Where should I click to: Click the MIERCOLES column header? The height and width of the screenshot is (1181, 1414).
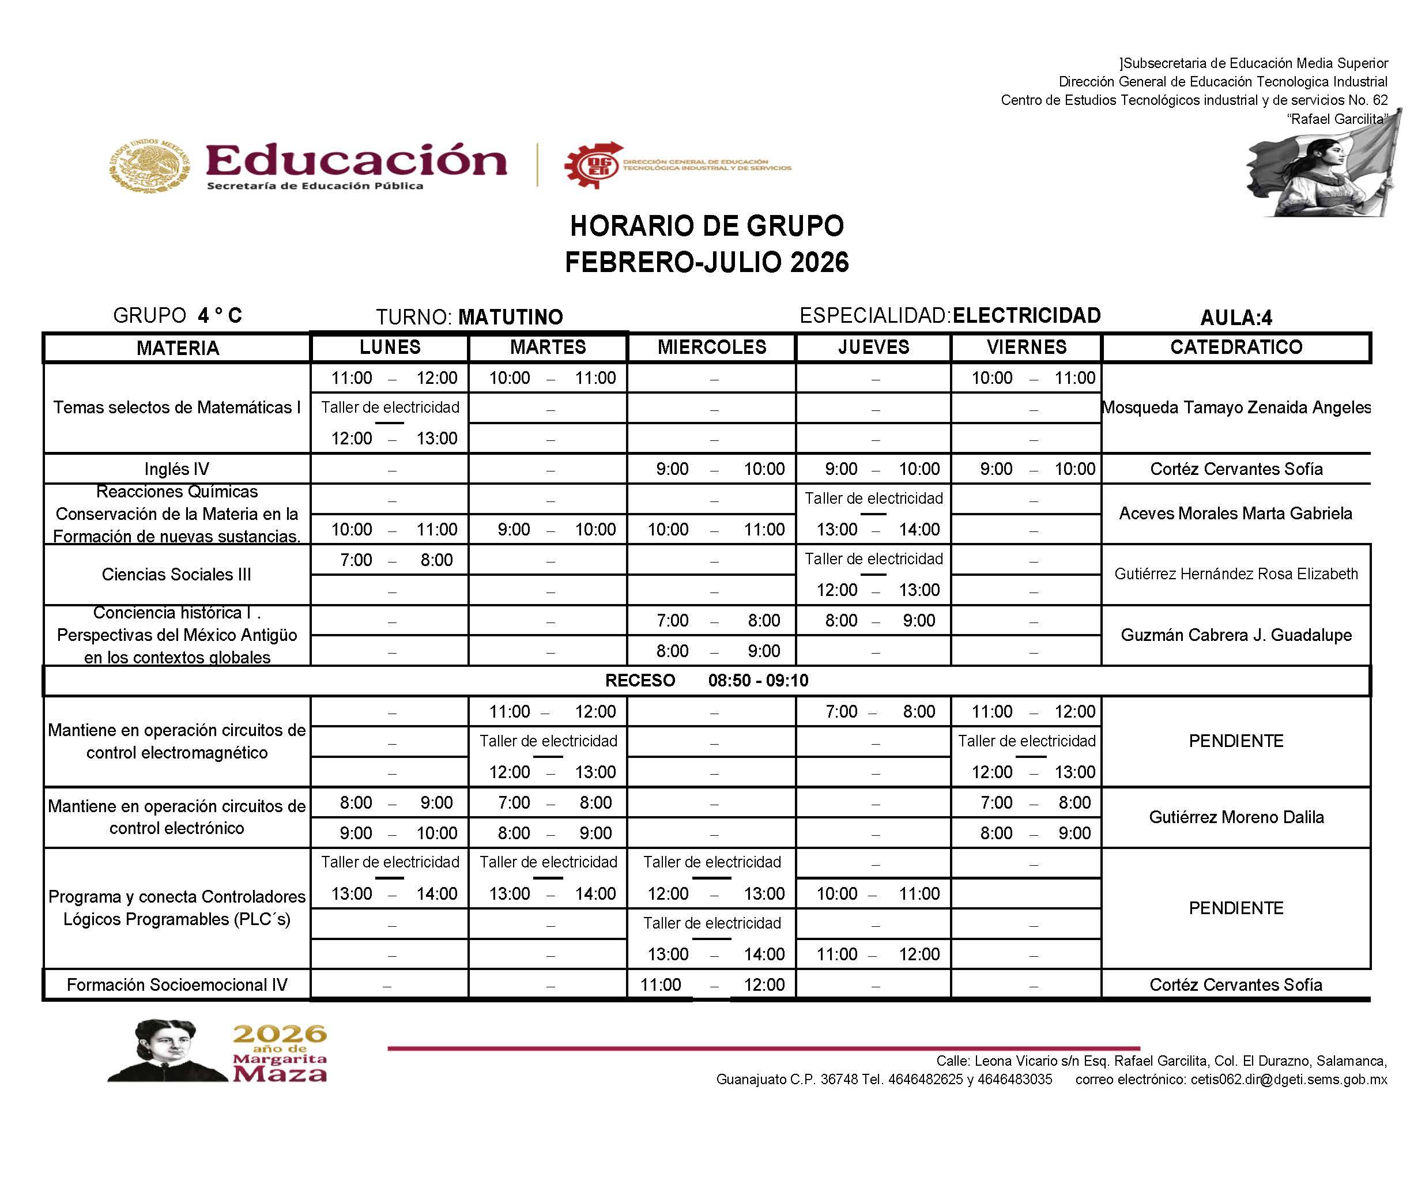click(712, 348)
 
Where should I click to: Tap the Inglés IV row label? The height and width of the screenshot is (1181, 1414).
click(176, 469)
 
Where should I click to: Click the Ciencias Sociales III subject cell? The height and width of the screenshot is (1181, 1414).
click(176, 574)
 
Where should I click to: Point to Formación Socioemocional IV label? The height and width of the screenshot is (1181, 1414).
click(176, 985)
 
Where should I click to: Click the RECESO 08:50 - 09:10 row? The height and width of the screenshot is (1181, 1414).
click(706, 681)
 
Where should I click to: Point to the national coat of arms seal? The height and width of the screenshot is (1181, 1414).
click(149, 165)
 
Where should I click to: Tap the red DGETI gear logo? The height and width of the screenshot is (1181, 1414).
click(593, 165)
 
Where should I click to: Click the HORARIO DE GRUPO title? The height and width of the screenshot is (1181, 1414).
click(706, 227)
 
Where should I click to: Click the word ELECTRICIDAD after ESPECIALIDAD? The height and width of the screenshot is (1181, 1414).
click(1027, 316)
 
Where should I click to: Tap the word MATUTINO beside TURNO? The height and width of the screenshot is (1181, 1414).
click(510, 317)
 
